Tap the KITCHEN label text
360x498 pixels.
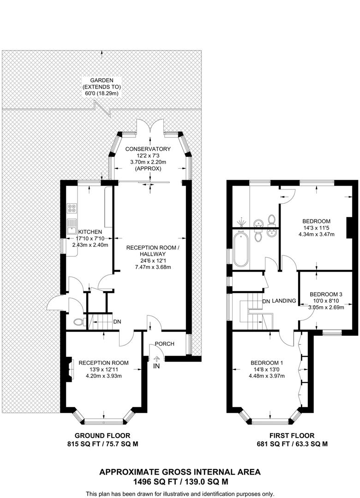tap(90, 231)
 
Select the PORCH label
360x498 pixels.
tap(164, 344)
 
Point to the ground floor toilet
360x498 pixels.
tap(78, 322)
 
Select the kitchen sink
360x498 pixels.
tap(72, 226)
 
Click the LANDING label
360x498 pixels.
tap(284, 301)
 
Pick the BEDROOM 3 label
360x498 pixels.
tap(326, 294)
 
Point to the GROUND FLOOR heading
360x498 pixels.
tap(102, 435)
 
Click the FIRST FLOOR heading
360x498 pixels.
tap(292, 435)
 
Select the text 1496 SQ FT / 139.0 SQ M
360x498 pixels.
tap(180, 482)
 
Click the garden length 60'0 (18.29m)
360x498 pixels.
tap(101, 93)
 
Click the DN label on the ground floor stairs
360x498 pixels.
tap(117, 321)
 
